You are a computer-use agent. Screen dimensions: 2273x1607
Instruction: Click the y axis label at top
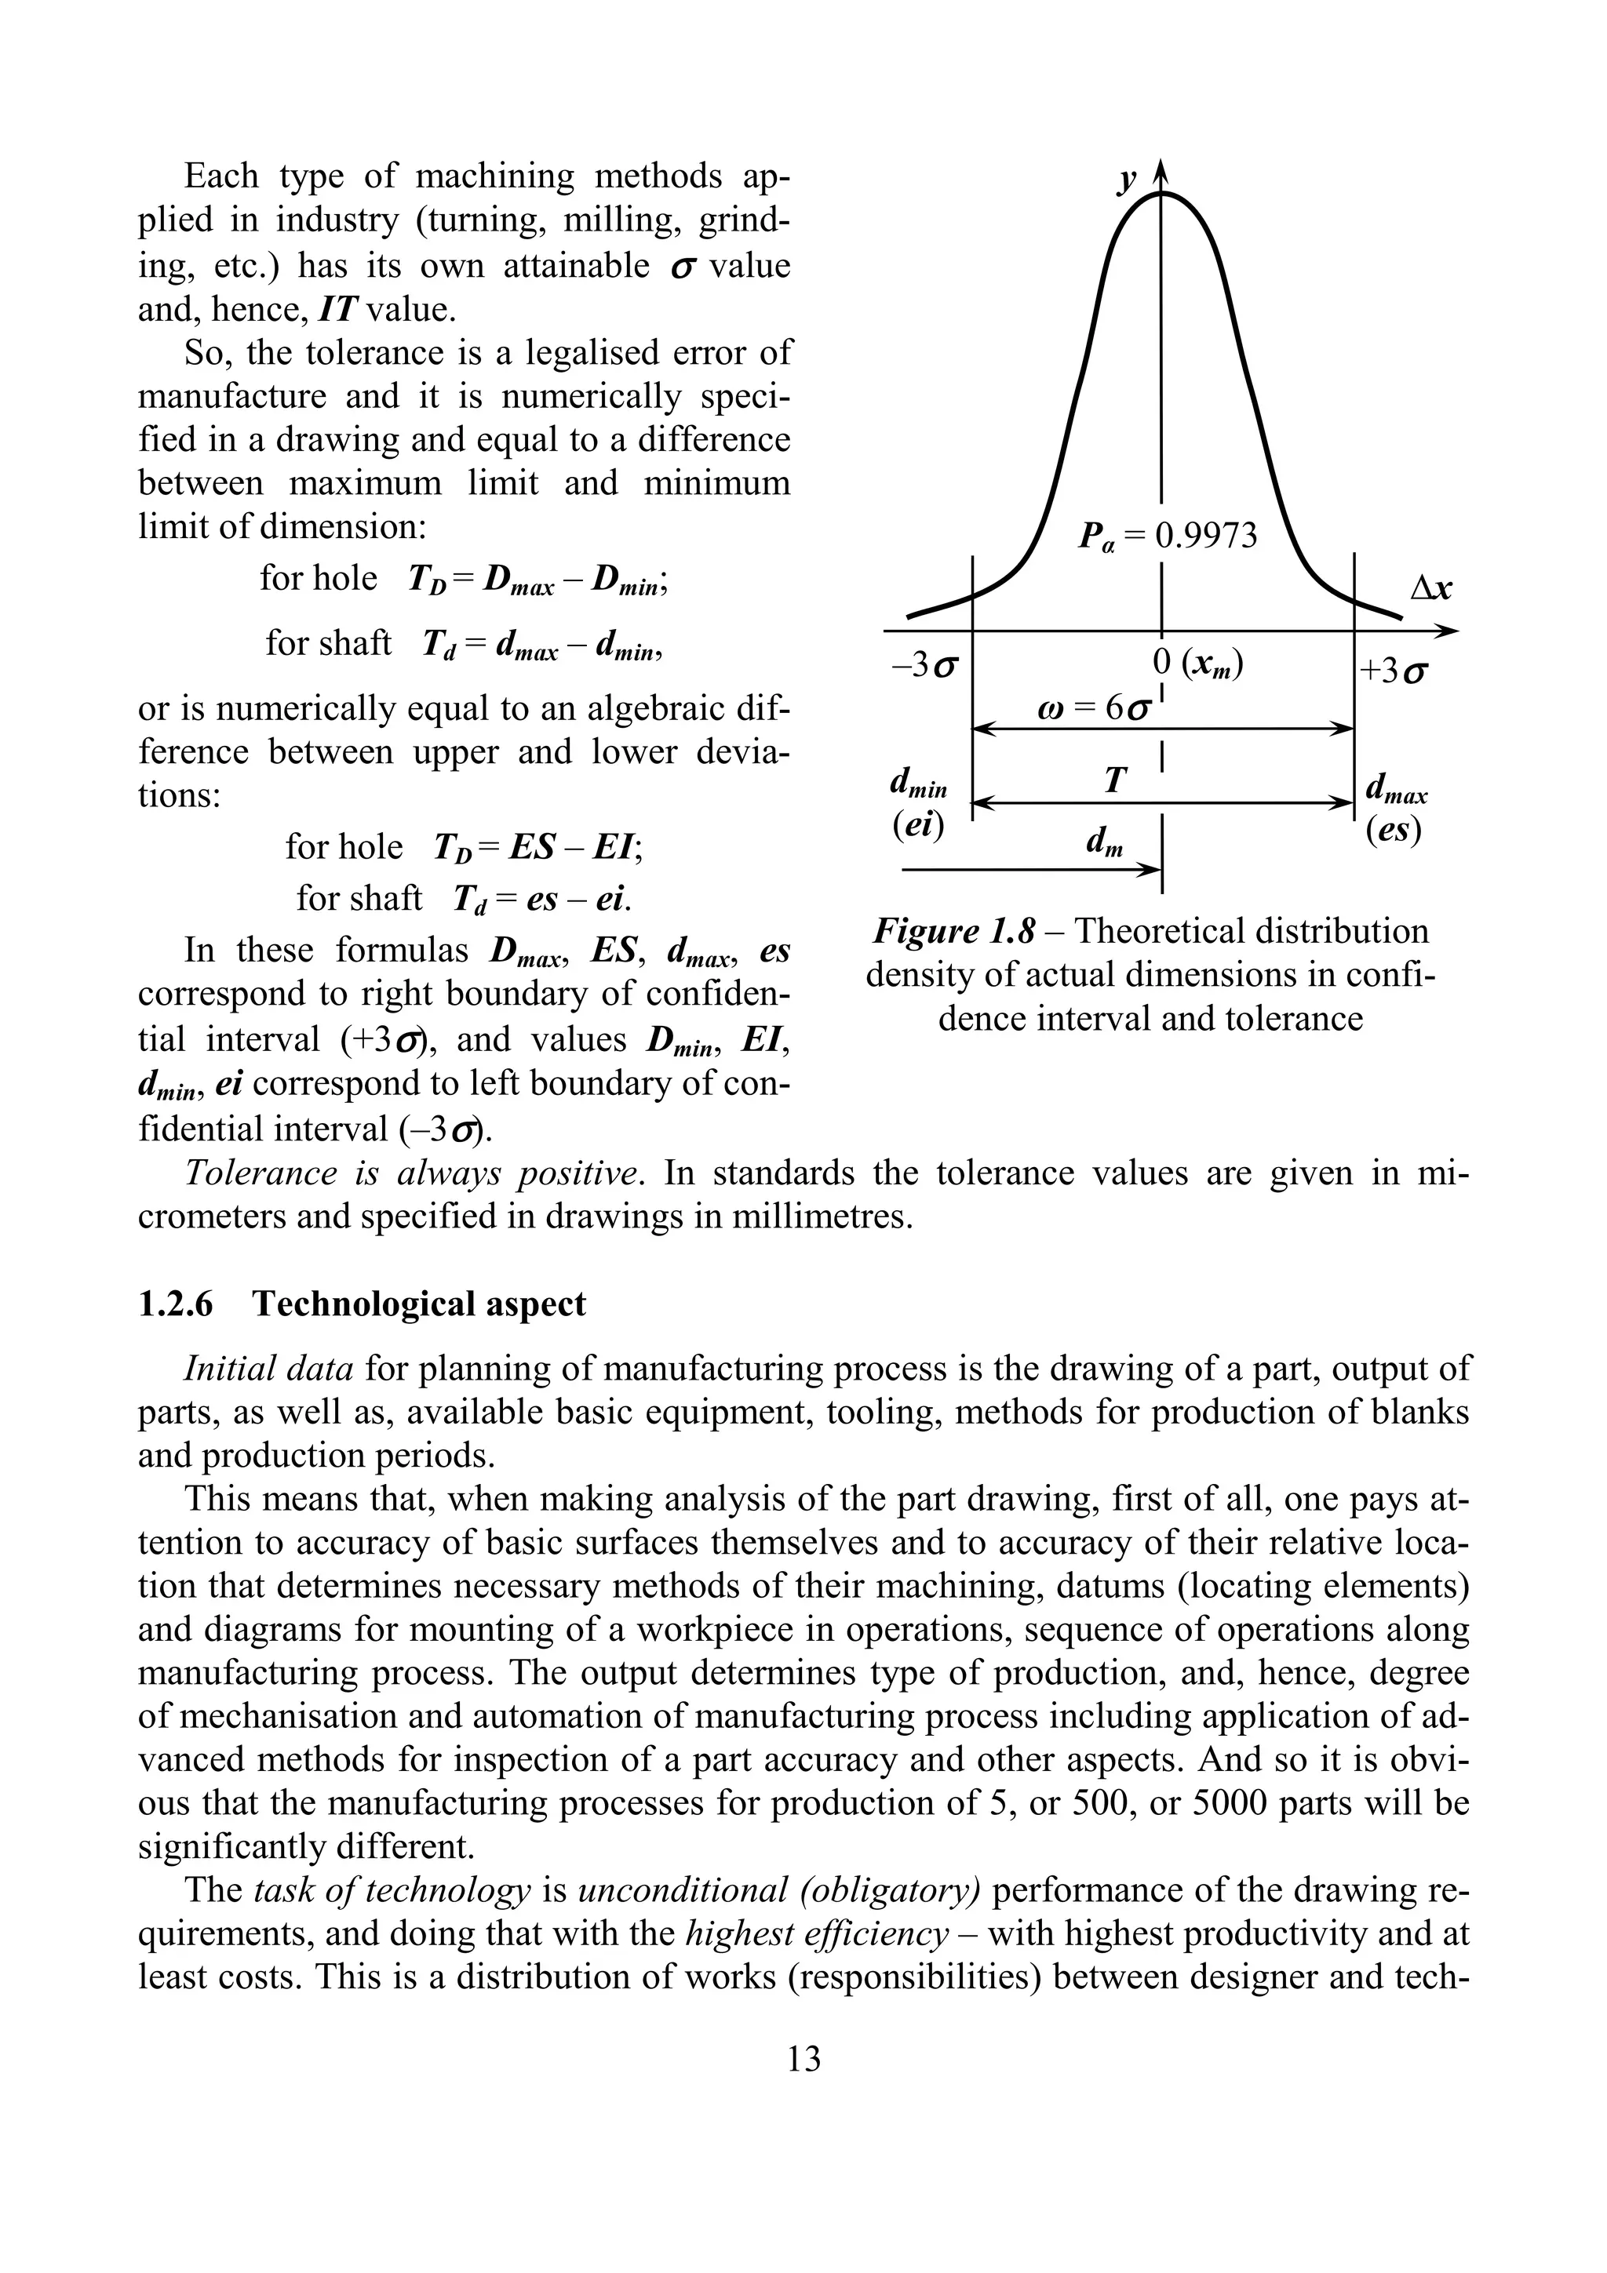point(1127,181)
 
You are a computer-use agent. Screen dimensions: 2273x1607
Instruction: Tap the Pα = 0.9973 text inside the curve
point(1166,537)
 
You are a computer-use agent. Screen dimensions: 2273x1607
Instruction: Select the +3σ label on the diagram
point(1393,672)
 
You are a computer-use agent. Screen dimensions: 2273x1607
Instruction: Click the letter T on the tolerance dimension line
point(1115,781)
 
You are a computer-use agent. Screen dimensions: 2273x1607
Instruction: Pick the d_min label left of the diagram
point(919,785)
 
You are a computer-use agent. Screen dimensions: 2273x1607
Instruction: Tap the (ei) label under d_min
point(916,827)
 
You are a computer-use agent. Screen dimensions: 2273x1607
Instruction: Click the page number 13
point(803,2059)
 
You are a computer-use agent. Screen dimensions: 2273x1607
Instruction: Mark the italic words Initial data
point(268,1369)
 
